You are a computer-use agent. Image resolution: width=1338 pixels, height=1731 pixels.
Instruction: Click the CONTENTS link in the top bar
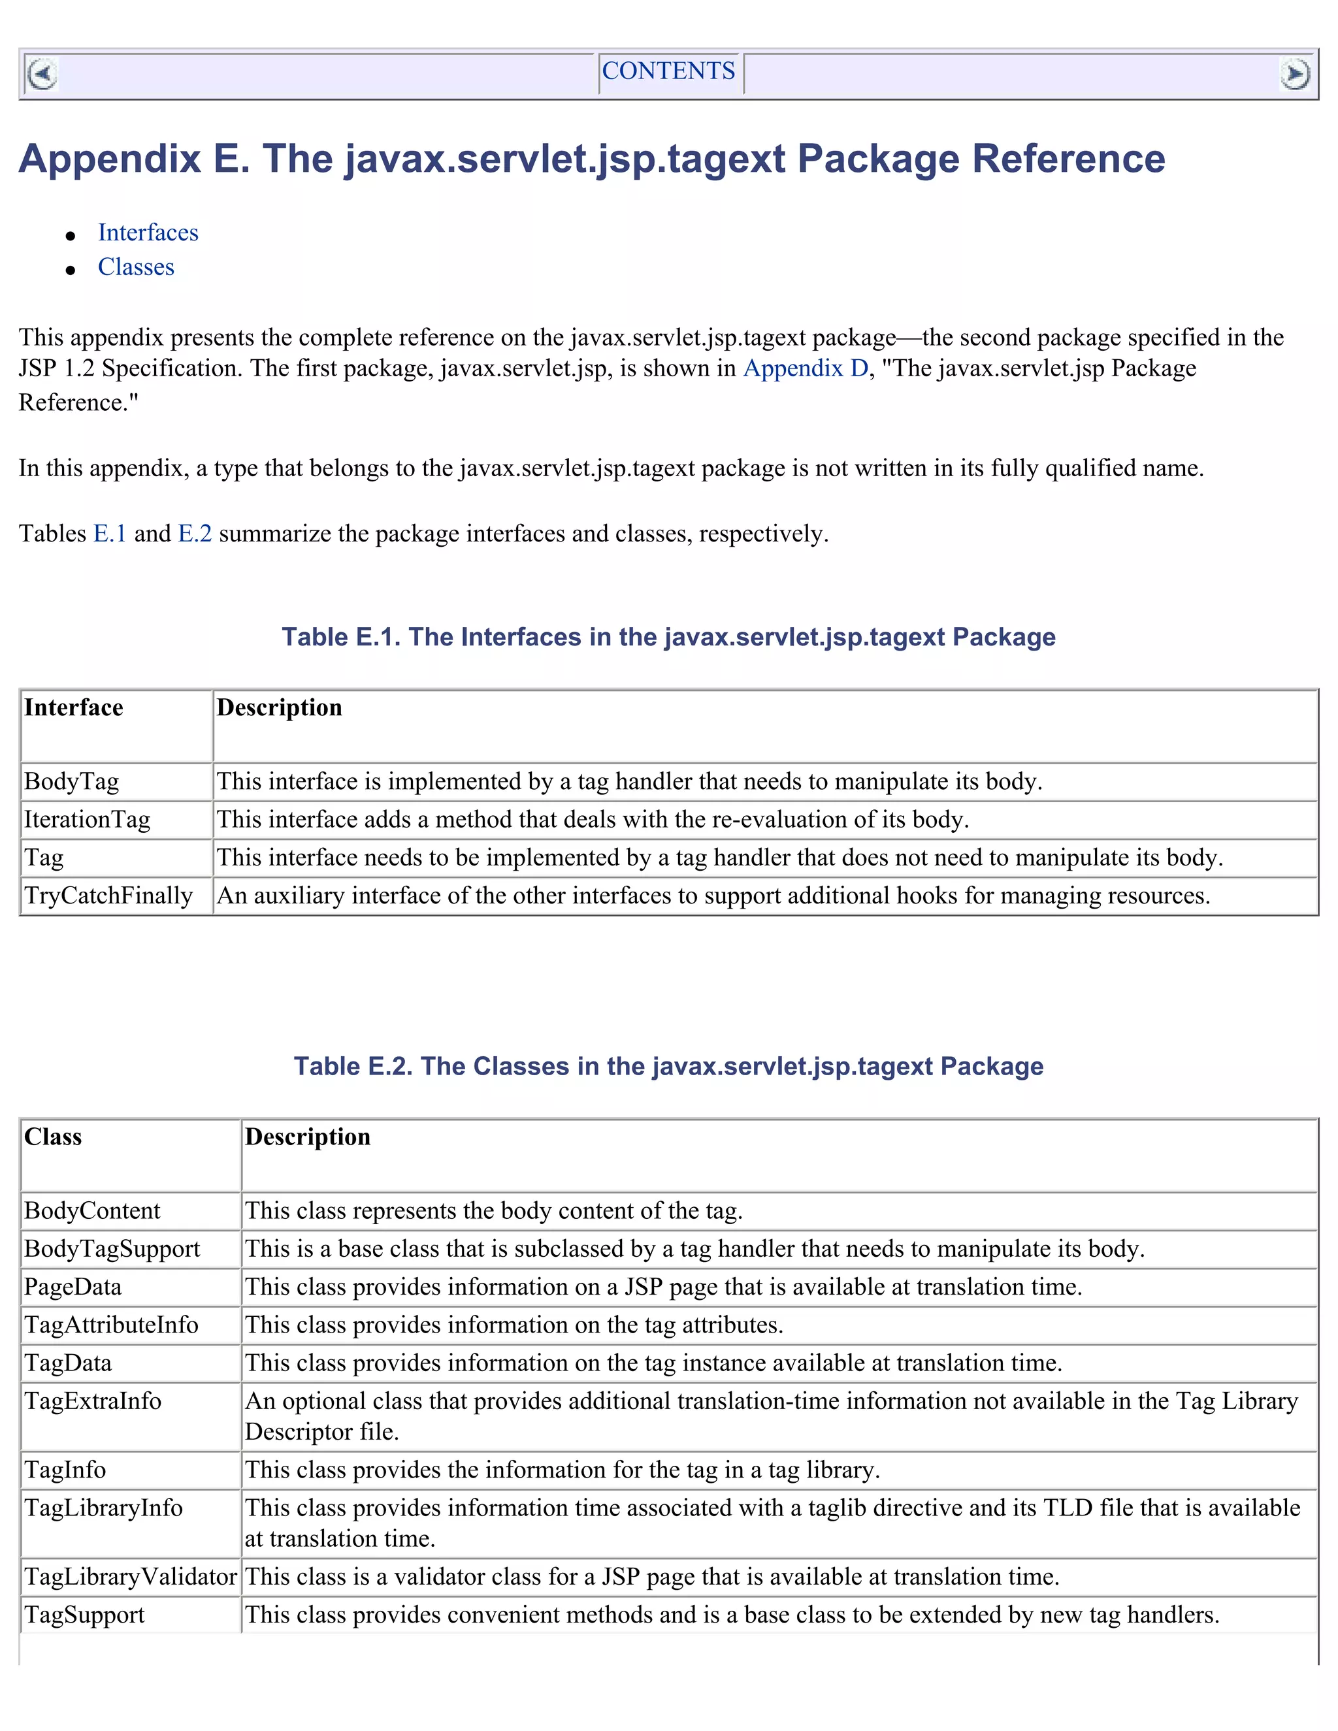(668, 71)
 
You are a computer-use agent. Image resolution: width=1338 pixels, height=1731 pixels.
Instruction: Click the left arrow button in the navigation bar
(42, 74)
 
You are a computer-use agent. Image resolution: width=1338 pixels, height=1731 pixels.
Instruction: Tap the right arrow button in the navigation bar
(1294, 74)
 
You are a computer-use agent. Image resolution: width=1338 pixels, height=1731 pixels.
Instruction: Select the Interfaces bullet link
(148, 233)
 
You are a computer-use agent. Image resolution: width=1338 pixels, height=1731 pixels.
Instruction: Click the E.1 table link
(109, 534)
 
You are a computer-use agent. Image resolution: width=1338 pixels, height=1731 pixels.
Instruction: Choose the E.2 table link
(195, 534)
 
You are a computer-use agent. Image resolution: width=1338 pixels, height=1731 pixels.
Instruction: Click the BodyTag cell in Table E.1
(71, 781)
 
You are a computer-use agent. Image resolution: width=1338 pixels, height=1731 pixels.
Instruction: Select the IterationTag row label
(87, 820)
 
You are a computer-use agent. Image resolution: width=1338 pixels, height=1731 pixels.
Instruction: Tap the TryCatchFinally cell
(108, 896)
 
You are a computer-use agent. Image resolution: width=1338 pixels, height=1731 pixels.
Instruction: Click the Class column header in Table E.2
(53, 1137)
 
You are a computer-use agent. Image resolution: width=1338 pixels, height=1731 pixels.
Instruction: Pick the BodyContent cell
(92, 1211)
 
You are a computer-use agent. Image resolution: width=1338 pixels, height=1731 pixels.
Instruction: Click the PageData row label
(73, 1287)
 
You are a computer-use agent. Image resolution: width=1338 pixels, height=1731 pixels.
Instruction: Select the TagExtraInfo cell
(93, 1401)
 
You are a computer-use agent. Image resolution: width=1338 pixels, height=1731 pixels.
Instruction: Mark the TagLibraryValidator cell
(131, 1577)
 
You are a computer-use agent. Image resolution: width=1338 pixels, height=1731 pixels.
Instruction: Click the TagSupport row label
(85, 1615)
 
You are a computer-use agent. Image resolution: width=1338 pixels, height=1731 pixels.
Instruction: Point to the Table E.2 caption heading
(668, 1066)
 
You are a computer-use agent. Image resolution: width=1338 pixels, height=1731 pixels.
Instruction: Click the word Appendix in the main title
(109, 159)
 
